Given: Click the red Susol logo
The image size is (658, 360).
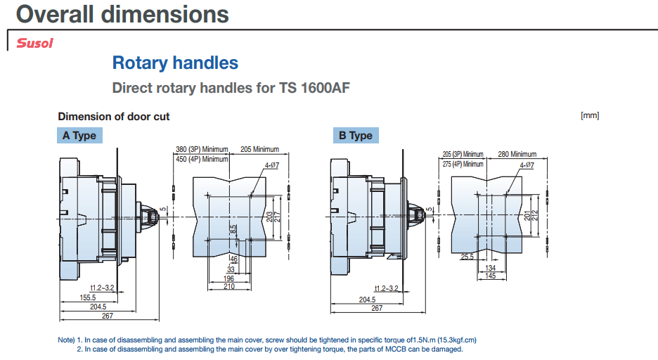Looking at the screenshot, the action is pos(35,43).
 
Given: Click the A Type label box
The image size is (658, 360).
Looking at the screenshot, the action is pos(79,136).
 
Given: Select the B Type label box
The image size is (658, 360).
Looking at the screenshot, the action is pos(356,136).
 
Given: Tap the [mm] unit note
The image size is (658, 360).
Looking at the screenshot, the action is pos(590,115).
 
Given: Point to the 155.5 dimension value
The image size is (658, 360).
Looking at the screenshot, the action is pos(88,297).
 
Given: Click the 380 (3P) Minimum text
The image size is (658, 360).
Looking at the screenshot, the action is pos(202,149).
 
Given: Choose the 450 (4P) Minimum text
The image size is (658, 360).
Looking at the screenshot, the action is pos(202,160).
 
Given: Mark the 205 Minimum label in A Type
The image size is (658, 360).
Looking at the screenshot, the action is pos(260,149).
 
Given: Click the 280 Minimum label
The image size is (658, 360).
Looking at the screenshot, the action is pos(517,155).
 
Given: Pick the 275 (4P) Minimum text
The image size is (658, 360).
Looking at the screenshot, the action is pos(463,164).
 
